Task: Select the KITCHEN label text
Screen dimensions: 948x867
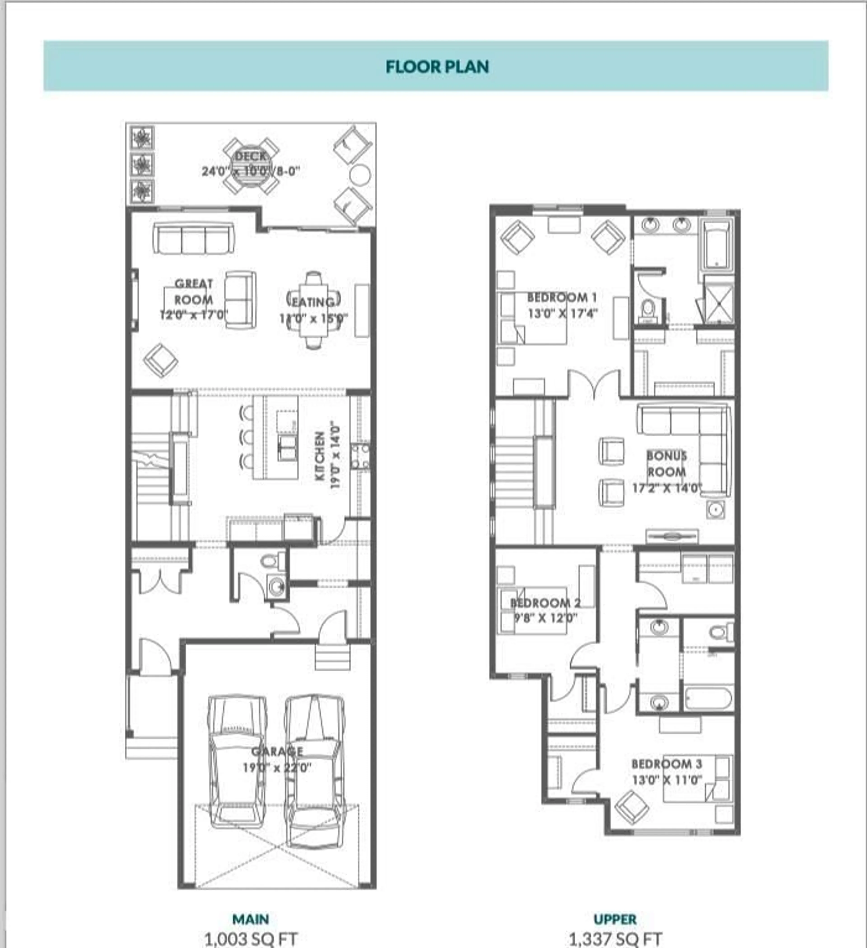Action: pyautogui.click(x=320, y=456)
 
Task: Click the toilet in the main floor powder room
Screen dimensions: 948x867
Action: pyautogui.click(x=270, y=561)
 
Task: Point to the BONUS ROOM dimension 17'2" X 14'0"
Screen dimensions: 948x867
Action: pyautogui.click(x=667, y=488)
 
